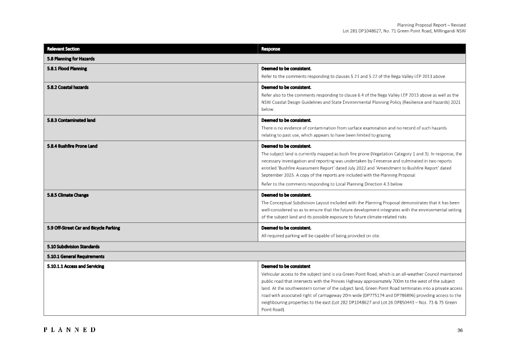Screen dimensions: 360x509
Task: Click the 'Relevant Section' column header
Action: point(63,49)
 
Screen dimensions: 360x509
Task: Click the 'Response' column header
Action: point(270,49)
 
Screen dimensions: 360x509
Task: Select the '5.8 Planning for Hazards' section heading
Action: point(70,59)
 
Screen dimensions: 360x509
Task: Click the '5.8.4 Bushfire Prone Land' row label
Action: point(72,146)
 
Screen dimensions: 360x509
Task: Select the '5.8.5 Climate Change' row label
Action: point(67,195)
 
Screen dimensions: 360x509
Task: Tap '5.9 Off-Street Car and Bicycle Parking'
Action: point(83,228)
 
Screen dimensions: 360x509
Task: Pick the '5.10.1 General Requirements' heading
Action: point(75,256)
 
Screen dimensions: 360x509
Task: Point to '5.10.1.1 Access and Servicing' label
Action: point(75,266)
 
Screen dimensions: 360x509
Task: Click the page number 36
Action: point(460,330)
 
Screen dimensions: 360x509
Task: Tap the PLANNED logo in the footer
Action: point(70,330)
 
